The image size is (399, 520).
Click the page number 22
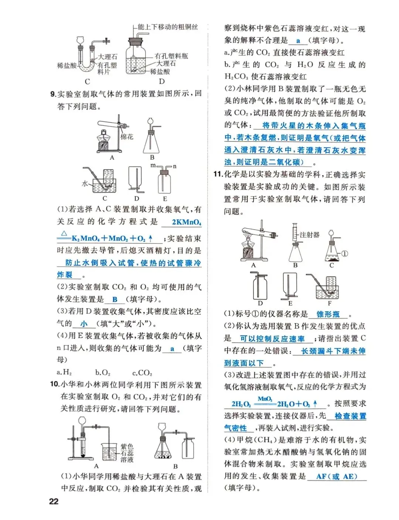click(54, 501)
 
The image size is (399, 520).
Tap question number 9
click(53, 94)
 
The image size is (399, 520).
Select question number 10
click(54, 384)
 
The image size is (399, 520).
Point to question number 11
click(218, 174)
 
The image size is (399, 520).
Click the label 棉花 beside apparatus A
click(127, 137)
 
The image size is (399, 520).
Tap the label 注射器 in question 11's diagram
click(310, 235)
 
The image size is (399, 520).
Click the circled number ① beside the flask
click(344, 254)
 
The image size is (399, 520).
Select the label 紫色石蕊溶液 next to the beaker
click(127, 453)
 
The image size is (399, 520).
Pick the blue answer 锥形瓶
click(328, 314)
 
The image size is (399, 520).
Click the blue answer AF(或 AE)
click(337, 476)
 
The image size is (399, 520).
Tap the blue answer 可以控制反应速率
click(272, 338)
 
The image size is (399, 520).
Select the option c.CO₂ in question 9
click(142, 372)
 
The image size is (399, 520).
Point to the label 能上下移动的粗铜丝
click(167, 27)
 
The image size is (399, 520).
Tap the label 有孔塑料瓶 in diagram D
click(171, 56)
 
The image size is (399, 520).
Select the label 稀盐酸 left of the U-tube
click(66, 66)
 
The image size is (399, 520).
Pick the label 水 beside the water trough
click(85, 184)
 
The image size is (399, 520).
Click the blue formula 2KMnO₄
click(186, 222)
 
